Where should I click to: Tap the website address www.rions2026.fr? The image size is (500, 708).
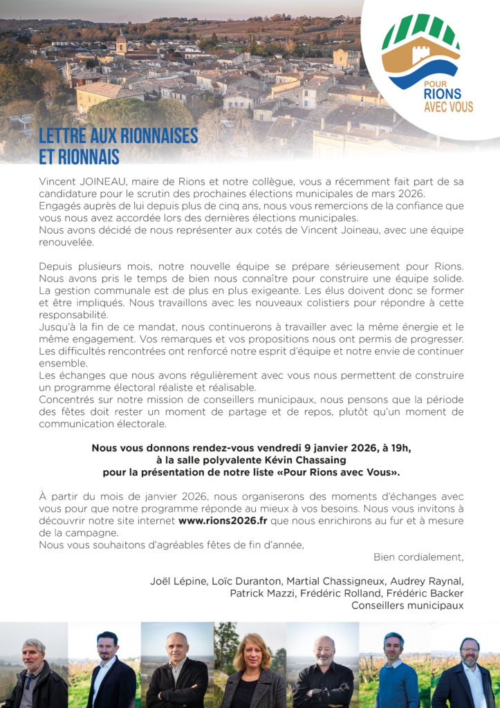point(222,521)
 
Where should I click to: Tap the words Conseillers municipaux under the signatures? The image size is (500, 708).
point(407,606)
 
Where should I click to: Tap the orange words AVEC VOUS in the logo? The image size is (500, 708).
point(448,106)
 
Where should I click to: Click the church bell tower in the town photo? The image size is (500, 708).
point(121,43)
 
